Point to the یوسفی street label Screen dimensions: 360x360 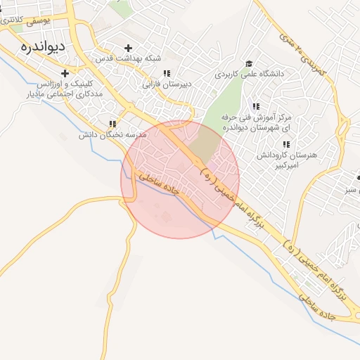tap(37, 22)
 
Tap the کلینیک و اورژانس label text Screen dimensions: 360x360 tap(51, 84)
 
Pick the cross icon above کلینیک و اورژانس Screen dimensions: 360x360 tap(65, 73)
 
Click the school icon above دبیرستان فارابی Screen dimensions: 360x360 tap(167, 72)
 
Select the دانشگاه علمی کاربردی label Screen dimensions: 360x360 tap(251, 73)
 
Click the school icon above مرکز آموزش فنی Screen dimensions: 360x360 tap(256, 105)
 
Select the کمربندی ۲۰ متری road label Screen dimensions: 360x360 tap(302, 51)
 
